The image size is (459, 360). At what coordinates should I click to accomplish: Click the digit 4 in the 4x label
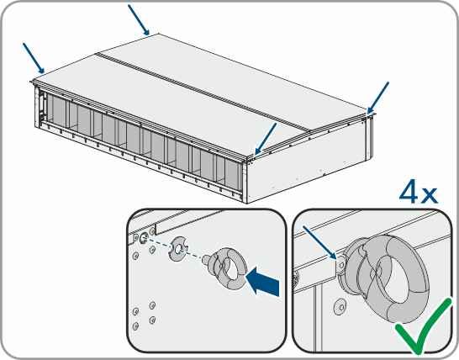[x=409, y=191]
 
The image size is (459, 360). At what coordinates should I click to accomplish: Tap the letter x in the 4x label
[x=430, y=195]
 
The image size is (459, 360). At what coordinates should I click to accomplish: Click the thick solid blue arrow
[x=262, y=281]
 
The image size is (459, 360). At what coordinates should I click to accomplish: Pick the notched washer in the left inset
[x=178, y=249]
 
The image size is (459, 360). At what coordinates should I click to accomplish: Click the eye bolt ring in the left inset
[x=229, y=268]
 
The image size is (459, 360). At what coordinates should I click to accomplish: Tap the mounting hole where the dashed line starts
[x=144, y=237]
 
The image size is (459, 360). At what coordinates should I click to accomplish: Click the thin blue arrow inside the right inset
[x=320, y=242]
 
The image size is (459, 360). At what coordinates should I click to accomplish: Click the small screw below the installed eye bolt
[x=340, y=307]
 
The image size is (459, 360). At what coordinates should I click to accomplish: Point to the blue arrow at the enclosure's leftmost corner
[x=34, y=58]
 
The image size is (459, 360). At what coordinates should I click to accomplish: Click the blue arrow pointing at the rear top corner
[x=139, y=20]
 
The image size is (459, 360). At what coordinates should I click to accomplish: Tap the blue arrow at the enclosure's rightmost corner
[x=378, y=98]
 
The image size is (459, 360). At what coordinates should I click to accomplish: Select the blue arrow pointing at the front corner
[x=266, y=139]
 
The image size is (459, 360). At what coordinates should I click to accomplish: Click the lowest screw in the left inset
[x=135, y=326]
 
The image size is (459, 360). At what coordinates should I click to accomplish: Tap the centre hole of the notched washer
[x=178, y=249]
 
